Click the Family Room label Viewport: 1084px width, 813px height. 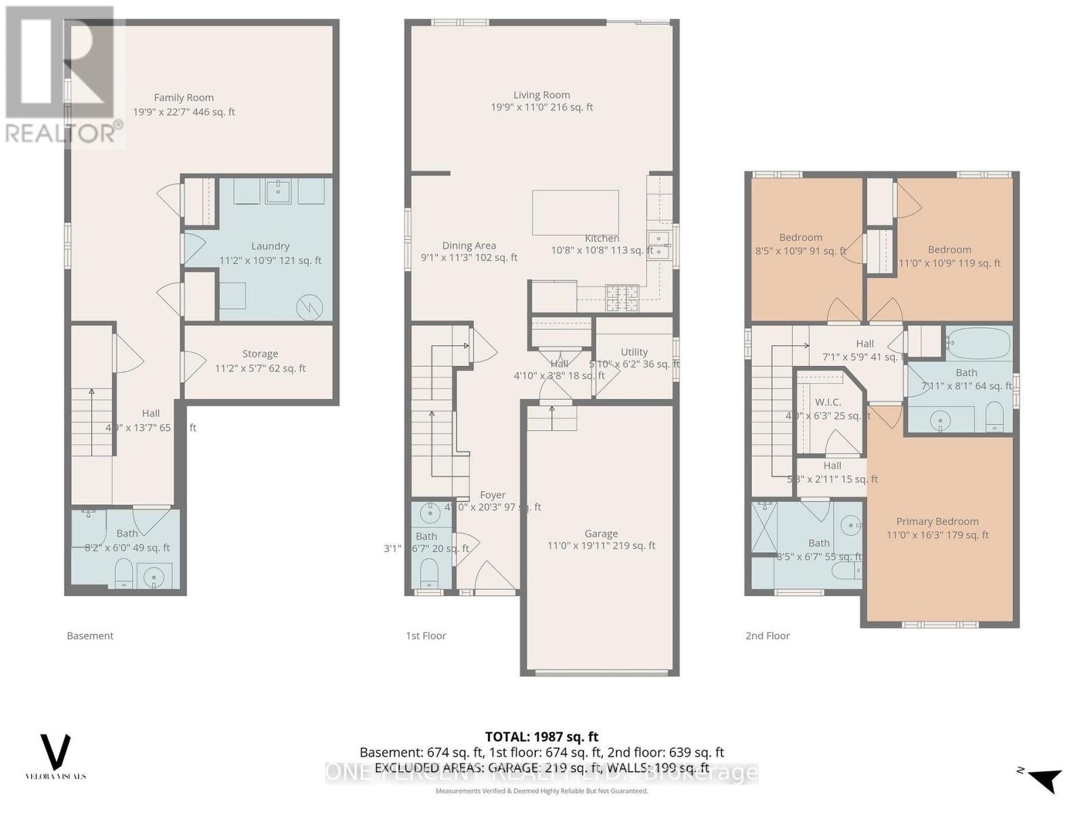(184, 98)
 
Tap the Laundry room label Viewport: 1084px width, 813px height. (270, 247)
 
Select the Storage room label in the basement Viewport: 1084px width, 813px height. (260, 354)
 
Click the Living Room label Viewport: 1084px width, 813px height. (541, 96)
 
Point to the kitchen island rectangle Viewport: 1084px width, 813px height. (575, 211)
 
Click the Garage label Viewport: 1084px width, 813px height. (601, 534)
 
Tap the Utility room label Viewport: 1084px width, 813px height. (634, 352)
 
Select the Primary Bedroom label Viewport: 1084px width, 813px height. (937, 522)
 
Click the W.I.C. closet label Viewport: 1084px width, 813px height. (828, 402)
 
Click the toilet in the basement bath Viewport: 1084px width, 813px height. (123, 573)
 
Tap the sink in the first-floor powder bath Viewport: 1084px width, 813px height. (430, 513)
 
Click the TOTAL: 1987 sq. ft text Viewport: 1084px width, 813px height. (541, 736)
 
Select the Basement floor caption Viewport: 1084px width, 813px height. (90, 635)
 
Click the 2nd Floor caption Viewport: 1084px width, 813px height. (768, 635)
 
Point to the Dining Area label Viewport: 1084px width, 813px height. (469, 246)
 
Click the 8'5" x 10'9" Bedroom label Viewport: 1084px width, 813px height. (801, 238)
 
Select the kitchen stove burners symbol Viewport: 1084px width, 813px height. (621, 298)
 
